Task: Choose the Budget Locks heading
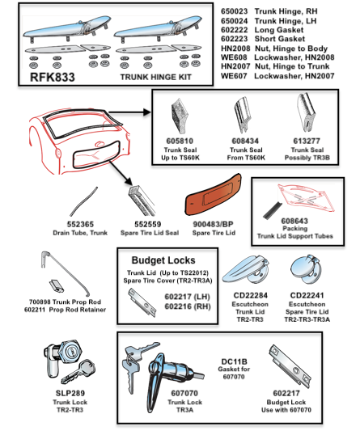tap(166, 261)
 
